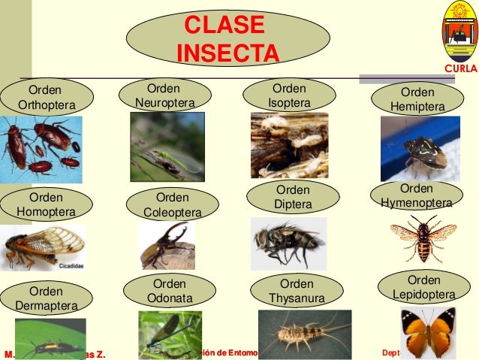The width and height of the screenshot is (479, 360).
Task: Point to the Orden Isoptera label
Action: (x=289, y=95)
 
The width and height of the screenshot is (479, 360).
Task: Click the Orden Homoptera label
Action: (x=46, y=204)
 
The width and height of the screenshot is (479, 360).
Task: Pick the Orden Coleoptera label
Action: (x=172, y=204)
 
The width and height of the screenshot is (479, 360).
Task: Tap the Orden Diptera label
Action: (x=292, y=197)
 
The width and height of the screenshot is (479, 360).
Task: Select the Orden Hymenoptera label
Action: (x=416, y=195)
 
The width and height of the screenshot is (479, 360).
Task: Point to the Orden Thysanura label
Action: (x=297, y=291)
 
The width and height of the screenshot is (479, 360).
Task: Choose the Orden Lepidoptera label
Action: (x=424, y=288)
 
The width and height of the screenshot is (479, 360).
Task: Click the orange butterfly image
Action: (x=426, y=331)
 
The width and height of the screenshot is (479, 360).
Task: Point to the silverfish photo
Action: (x=303, y=333)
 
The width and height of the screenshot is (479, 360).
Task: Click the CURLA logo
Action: (x=458, y=34)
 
